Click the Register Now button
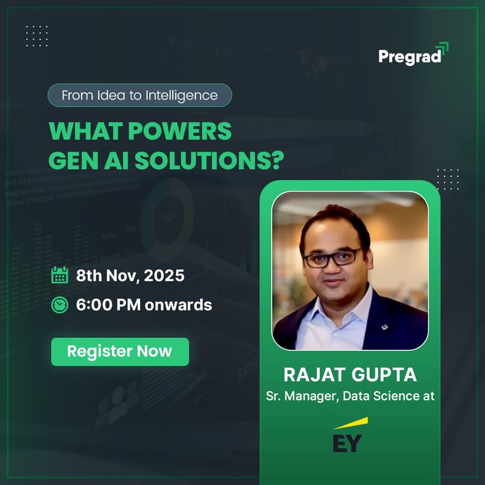coord(119,352)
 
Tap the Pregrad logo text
coord(409,56)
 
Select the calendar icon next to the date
coord(59,275)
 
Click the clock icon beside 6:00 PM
coord(59,304)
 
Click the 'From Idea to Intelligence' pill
coord(139,95)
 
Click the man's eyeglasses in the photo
coord(332,256)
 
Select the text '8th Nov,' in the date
coord(108,276)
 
